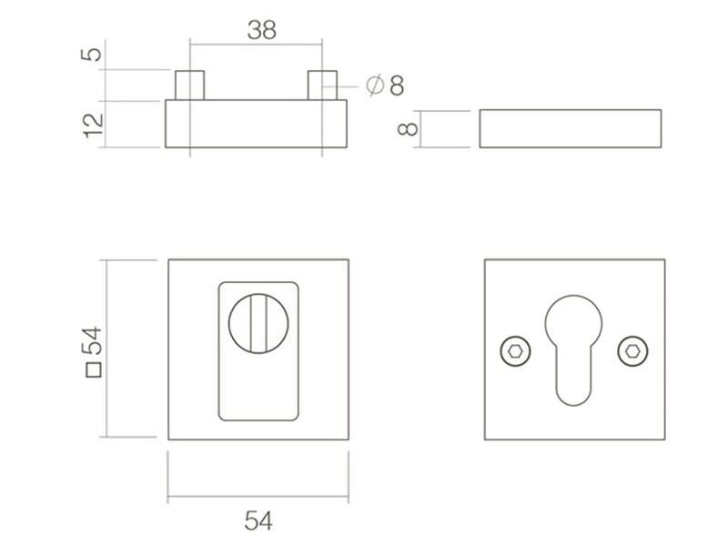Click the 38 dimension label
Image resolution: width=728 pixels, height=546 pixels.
[262, 30]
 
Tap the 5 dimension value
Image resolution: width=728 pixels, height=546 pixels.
[92, 54]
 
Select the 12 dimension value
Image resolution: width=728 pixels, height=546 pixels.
[93, 126]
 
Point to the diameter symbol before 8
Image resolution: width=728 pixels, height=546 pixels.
[375, 85]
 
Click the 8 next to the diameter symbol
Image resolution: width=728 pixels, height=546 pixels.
[397, 86]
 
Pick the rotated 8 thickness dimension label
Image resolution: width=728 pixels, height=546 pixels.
[408, 129]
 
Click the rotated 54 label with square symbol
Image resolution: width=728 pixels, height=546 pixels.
[93, 352]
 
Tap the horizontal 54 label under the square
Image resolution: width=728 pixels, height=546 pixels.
[258, 521]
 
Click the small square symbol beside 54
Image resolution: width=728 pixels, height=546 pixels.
[94, 370]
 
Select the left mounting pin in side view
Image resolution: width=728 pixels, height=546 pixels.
[189, 86]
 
